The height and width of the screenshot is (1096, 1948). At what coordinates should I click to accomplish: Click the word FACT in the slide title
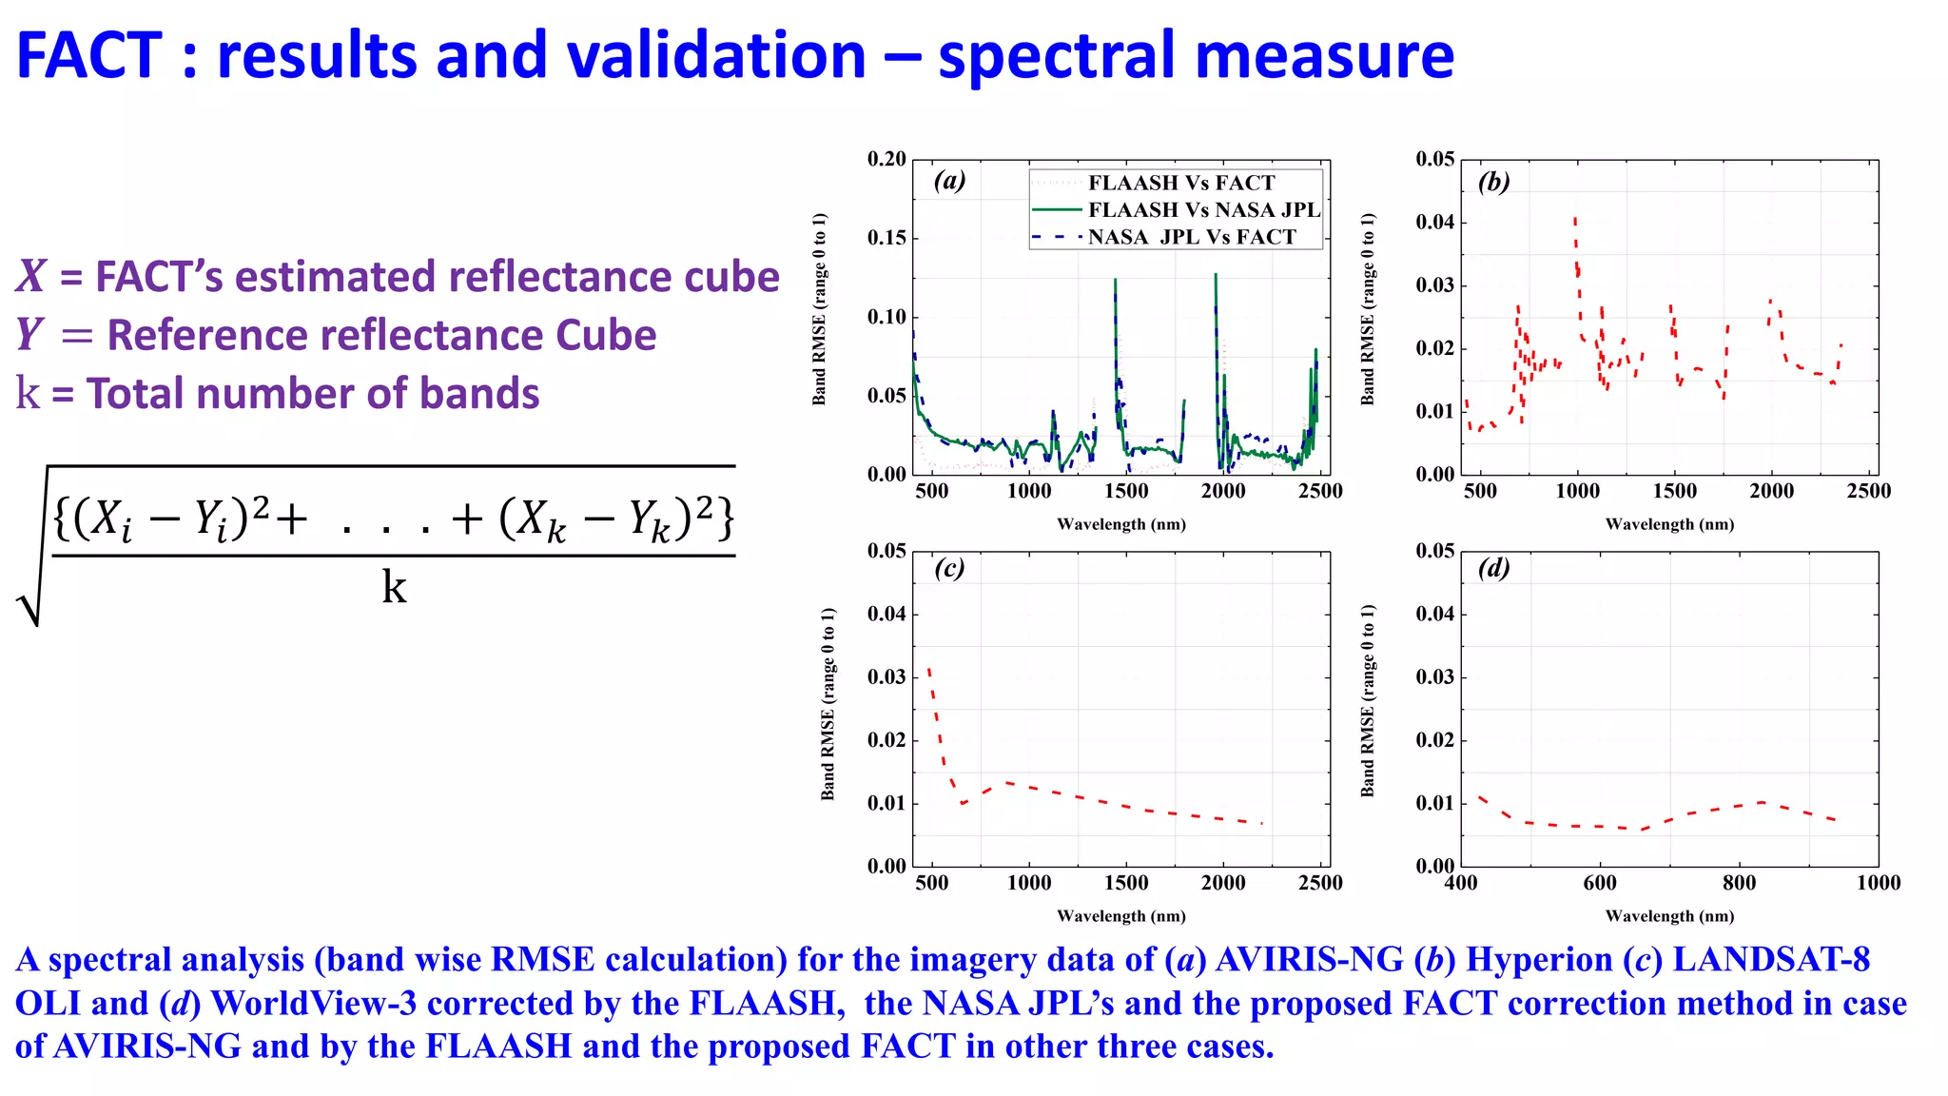coord(89,55)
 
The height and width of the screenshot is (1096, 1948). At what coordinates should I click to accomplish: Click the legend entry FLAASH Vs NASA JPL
coord(1204,209)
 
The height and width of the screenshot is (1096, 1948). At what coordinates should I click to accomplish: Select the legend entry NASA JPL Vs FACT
coord(1192,237)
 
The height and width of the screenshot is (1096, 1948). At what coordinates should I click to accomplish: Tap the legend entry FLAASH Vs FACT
coord(1181,183)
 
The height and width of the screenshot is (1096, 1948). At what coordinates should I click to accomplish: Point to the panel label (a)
coord(949,180)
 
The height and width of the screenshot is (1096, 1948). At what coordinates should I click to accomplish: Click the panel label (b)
coord(1493,181)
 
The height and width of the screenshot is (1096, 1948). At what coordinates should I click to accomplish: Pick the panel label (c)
coord(949,568)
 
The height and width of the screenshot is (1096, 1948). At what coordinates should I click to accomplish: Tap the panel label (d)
coord(1493,568)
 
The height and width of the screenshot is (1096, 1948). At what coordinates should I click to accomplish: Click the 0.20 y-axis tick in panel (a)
coord(886,159)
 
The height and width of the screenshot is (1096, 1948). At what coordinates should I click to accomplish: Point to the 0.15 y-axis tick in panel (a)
coord(886,238)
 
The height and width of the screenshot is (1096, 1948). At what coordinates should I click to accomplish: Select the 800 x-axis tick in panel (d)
coord(1739,883)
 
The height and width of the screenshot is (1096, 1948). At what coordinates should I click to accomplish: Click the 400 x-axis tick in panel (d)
coord(1461,883)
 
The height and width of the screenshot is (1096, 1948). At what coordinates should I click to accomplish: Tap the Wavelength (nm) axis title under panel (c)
coord(1120,916)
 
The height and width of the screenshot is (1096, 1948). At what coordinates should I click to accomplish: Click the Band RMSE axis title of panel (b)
coord(1368,309)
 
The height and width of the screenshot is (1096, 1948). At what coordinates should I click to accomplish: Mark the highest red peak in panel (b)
coord(1575,220)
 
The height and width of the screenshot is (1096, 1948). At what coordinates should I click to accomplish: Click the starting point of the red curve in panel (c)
coord(928,669)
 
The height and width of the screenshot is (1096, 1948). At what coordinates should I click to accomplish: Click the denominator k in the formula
coord(394,587)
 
